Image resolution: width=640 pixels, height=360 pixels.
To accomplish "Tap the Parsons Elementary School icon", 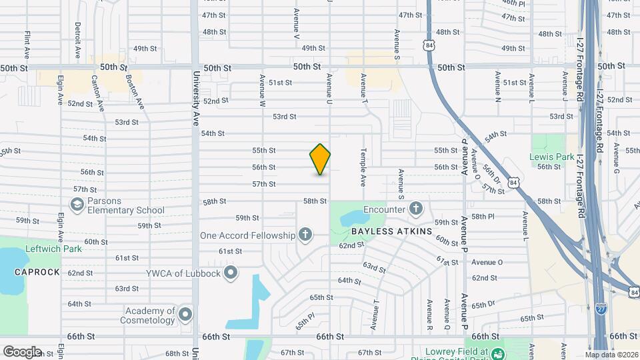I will pos(77,204).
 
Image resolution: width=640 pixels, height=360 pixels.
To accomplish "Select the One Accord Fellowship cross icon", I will pos(305,235).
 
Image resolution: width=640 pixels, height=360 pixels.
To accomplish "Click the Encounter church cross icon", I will pos(416,209).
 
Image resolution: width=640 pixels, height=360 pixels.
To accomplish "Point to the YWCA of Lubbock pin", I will pos(231,272).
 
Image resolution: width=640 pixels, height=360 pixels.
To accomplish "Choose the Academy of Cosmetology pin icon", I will pos(185,313).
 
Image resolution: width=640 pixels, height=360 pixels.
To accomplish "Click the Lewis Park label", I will pos(551,157).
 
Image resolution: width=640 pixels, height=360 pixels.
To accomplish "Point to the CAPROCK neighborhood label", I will pos(37,272).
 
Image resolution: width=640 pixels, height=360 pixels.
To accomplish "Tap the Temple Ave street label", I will pos(363,167).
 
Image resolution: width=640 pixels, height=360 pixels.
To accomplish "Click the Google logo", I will pos(22,351).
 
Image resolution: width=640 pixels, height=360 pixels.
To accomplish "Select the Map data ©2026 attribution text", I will pos(611,355).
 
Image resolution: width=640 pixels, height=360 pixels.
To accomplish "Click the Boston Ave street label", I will pos(135,91).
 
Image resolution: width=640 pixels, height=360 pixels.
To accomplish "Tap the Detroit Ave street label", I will pos(78,39).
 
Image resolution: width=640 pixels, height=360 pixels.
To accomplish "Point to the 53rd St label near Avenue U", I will pos(284,117).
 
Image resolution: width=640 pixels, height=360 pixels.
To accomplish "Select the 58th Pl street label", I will pos(482,217).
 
